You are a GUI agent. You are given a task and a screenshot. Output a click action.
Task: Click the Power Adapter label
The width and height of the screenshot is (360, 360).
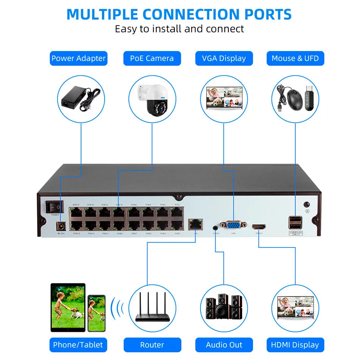(x=78, y=58)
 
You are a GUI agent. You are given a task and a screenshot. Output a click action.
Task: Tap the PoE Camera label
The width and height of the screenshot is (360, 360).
(x=152, y=58)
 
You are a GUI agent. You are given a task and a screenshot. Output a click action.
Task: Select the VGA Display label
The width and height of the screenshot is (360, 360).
(x=224, y=58)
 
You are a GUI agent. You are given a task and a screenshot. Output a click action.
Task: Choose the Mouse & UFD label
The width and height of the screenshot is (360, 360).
(x=295, y=58)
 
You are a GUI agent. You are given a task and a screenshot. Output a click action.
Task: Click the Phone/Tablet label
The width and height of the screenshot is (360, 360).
(x=78, y=344)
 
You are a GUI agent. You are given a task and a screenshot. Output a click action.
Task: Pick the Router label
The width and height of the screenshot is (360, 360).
(x=152, y=344)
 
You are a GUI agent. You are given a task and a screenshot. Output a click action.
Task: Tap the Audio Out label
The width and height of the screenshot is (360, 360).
(x=224, y=344)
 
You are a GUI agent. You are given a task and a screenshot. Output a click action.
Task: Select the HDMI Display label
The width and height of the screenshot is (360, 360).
(x=295, y=344)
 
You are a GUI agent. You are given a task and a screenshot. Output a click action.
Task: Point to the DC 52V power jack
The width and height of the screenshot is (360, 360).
(x=59, y=227)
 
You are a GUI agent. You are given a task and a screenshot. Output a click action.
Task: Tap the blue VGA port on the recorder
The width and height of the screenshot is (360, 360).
(x=233, y=225)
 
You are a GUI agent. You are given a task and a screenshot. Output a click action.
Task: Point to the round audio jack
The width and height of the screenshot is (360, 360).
(x=216, y=227)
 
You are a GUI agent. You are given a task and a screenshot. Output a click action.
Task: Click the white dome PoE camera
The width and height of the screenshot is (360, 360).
(x=152, y=99)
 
